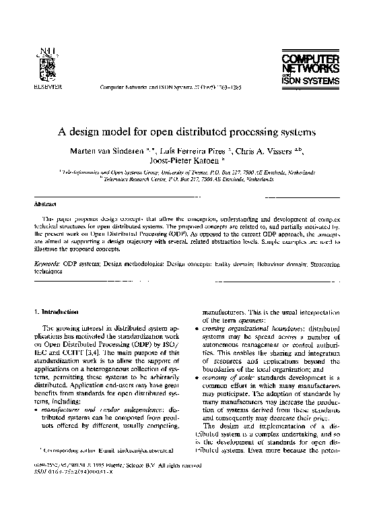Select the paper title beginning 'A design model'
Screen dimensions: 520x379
[x=189, y=128]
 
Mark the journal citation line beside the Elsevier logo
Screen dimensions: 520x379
[x=170, y=88]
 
